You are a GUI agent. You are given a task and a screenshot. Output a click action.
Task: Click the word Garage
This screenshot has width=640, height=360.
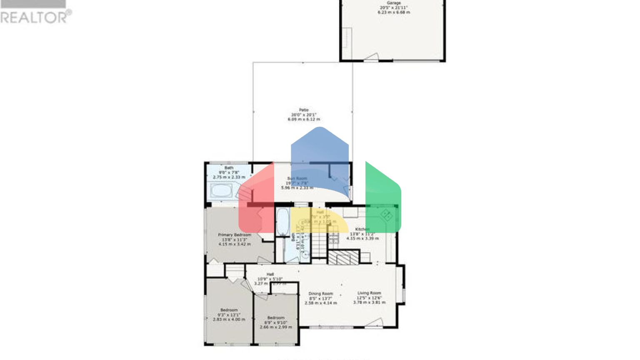coord(393,3)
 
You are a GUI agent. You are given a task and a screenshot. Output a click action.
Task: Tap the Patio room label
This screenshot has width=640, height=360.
coord(304,110)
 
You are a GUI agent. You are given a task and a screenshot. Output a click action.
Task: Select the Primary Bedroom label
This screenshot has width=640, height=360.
coord(235,235)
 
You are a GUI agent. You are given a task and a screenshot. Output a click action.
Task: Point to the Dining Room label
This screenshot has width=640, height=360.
coord(320,294)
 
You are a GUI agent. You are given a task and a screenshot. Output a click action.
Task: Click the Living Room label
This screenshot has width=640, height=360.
coord(369,293)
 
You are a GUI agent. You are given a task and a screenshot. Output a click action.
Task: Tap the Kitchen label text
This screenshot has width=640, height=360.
coord(362,230)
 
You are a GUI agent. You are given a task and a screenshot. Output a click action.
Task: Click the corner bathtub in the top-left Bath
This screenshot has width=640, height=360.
coord(221,191)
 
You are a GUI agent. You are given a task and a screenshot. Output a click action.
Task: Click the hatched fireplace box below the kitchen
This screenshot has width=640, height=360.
coord(343,257)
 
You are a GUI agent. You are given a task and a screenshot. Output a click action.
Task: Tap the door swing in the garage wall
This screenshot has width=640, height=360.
coord(371,57)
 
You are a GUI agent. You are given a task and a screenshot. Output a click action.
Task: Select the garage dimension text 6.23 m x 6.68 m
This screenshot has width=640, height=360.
coord(394,12)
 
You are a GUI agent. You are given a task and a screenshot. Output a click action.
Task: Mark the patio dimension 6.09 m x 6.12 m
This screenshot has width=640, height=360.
coord(304,120)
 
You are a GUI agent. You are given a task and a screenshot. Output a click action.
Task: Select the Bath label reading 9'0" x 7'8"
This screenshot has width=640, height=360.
coord(229,172)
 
